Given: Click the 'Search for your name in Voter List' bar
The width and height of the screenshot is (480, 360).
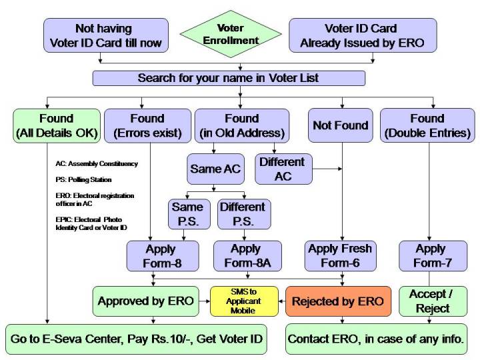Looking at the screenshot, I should [229, 78].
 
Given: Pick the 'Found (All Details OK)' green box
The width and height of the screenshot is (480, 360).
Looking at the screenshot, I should [56, 125].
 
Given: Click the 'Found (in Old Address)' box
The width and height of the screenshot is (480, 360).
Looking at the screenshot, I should [243, 125].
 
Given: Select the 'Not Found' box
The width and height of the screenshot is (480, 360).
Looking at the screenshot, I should [341, 125].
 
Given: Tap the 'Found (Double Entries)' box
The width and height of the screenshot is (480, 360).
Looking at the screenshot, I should [427, 125].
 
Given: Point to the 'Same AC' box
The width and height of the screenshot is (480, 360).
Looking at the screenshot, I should [215, 169].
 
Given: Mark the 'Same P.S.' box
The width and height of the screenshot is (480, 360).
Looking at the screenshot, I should [187, 214].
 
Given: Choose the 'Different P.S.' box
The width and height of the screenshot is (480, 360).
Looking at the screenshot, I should [243, 214].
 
